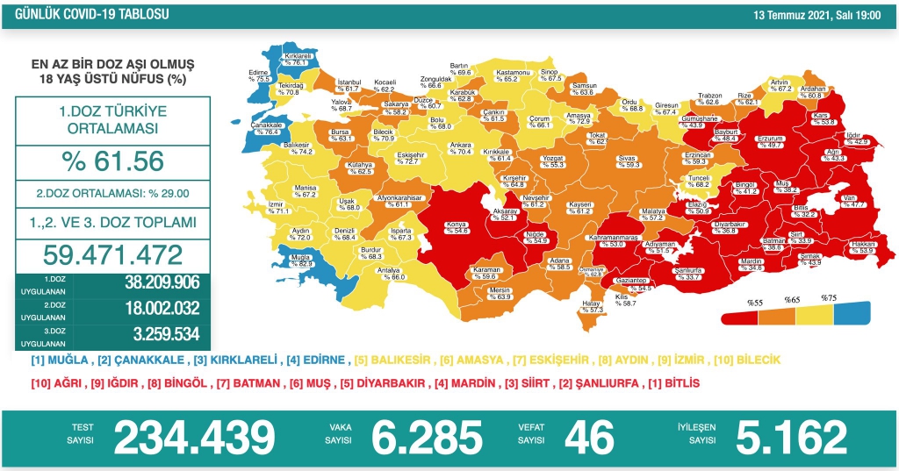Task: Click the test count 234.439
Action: coord(194,436)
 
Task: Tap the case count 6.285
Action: coord(428,436)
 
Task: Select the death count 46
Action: coord(589,436)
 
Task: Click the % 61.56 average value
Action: coord(112,161)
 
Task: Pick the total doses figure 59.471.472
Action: coord(112,254)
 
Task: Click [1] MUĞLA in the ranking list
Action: coord(60,360)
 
